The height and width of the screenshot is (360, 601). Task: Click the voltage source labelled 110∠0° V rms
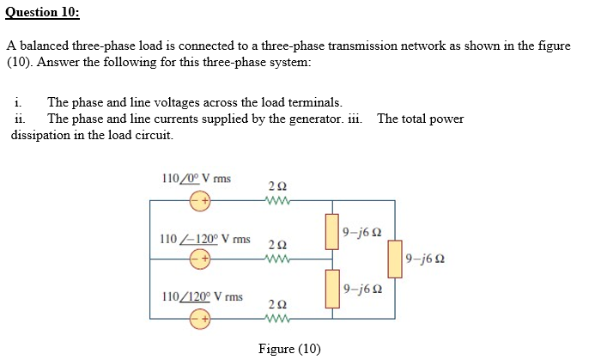click(199, 201)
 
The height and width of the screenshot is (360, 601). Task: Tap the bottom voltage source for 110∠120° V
click(199, 320)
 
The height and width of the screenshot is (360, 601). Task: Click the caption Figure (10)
click(289, 348)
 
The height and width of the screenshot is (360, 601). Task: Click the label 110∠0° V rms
click(196, 179)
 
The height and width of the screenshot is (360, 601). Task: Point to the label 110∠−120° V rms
click(205, 238)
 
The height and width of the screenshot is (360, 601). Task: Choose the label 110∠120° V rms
click(202, 296)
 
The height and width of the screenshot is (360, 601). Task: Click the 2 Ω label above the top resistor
click(277, 186)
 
